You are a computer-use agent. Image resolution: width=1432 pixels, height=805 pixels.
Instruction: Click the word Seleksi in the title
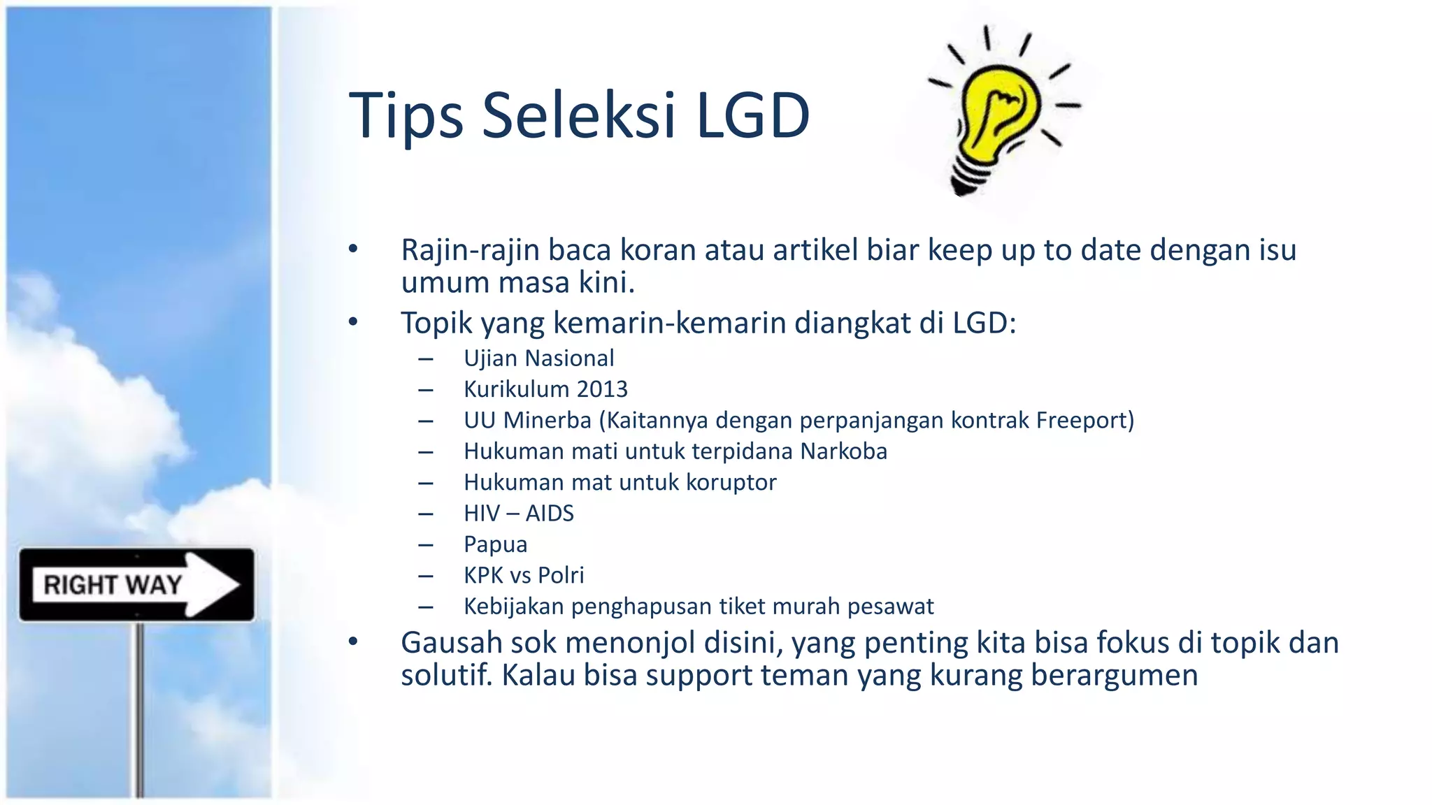click(579, 115)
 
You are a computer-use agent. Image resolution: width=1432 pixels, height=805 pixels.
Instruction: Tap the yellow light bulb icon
click(1000, 112)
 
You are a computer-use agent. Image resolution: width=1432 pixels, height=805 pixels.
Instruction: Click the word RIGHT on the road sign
click(80, 585)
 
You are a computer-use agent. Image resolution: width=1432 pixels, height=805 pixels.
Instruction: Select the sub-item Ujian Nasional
click(538, 358)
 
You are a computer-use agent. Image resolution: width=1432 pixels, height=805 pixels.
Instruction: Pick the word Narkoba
click(843, 451)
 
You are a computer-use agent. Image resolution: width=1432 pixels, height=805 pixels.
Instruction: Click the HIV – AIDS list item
click(518, 514)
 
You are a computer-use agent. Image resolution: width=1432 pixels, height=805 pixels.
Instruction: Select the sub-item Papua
click(495, 544)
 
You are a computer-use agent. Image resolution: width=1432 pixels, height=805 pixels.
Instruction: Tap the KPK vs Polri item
click(523, 575)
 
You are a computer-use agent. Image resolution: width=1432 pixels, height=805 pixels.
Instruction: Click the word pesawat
click(890, 607)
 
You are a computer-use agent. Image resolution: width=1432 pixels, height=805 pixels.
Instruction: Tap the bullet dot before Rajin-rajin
click(354, 249)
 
